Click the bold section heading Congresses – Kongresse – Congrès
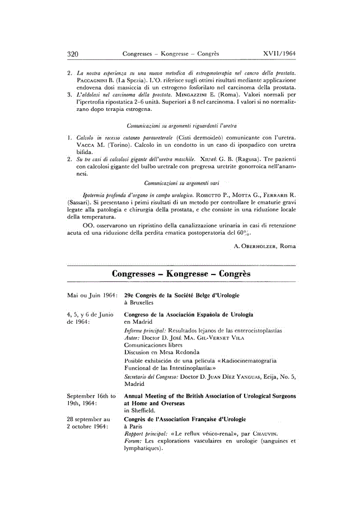[180, 274]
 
